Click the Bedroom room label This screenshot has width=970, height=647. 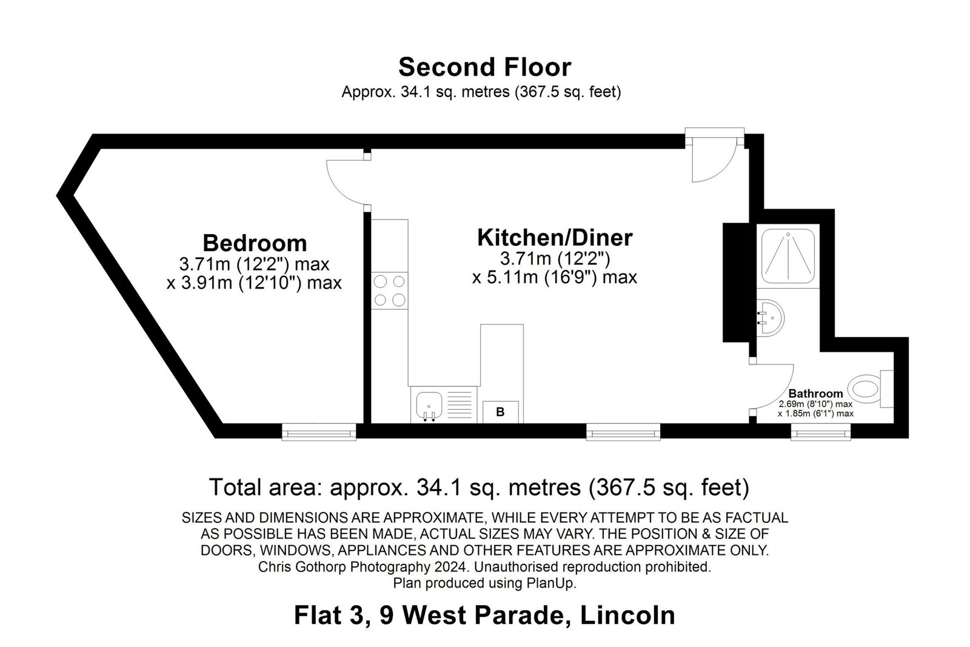click(x=255, y=243)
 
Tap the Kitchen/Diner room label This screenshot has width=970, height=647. click(x=555, y=238)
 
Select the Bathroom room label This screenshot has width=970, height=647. click(x=815, y=393)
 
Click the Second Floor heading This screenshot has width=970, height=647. click(x=484, y=67)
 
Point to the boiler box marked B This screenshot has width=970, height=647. click(x=500, y=412)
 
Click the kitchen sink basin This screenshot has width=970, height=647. click(x=429, y=406)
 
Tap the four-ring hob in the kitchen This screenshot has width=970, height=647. click(x=389, y=290)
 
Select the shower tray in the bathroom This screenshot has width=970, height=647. click(x=788, y=256)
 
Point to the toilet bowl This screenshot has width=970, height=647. click(x=863, y=389)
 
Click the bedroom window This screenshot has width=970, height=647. click(x=319, y=432)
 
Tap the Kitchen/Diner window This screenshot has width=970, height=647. click(x=623, y=432)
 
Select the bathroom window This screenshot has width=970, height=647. click(x=821, y=432)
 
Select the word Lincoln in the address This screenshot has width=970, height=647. click(x=627, y=615)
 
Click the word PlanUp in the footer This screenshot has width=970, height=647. click(x=551, y=583)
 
